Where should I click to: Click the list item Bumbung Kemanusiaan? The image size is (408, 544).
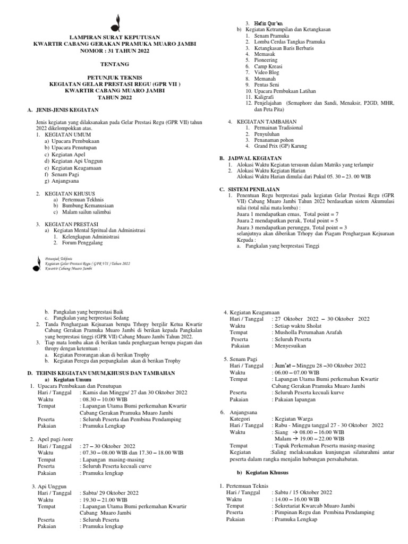[87, 205]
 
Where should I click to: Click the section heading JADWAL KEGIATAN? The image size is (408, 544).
[255, 158]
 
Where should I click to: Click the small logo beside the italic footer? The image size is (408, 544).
[37, 263]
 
